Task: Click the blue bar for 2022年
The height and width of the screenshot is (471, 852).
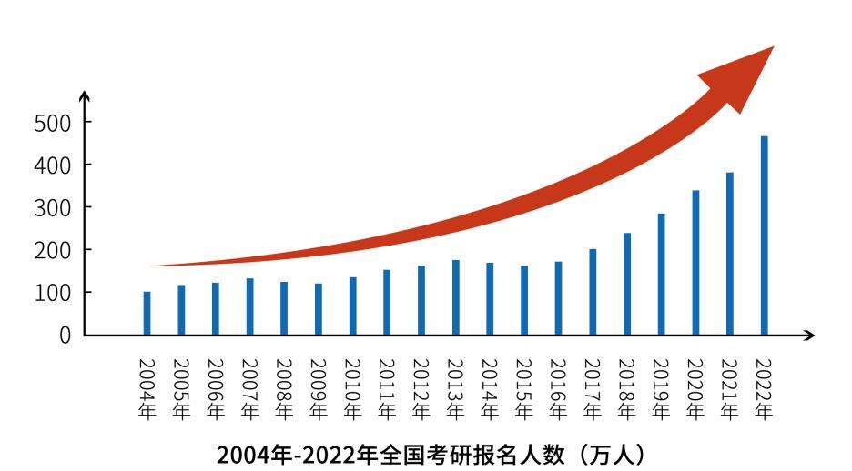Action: [765, 235]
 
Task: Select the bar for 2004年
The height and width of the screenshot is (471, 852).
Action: [147, 313]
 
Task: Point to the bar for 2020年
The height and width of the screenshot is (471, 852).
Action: [695, 263]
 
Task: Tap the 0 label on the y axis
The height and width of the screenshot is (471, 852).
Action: [65, 336]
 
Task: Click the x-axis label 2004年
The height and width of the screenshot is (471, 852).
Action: [147, 387]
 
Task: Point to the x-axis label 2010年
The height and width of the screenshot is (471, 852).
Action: [353, 387]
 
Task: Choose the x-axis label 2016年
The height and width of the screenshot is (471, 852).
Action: [558, 387]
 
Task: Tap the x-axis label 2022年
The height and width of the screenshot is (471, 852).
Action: [764, 387]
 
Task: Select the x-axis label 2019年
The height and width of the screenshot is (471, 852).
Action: [661, 387]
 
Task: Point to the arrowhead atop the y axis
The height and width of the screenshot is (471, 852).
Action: [85, 96]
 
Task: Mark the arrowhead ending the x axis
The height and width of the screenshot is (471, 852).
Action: [809, 336]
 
